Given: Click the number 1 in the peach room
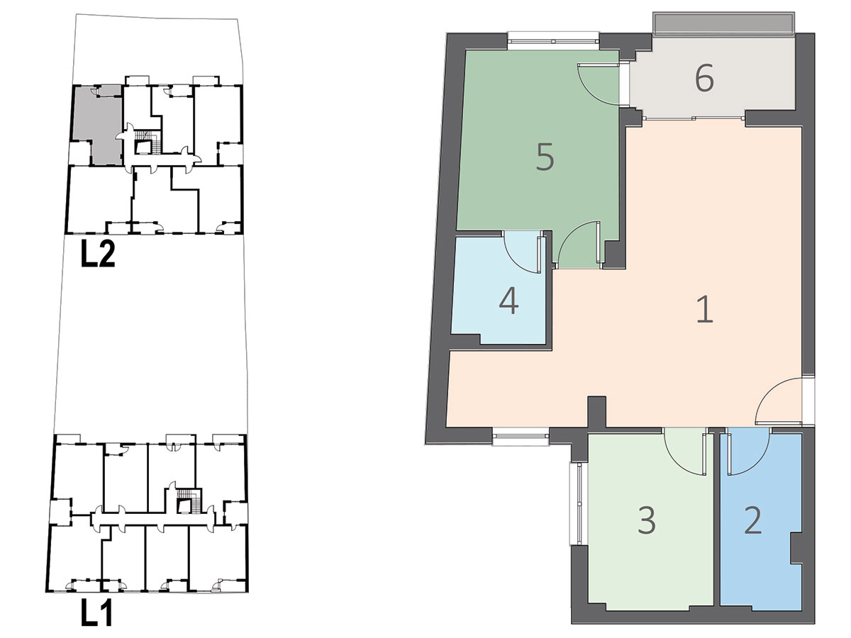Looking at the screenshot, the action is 705,309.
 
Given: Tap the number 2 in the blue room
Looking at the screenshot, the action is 753,521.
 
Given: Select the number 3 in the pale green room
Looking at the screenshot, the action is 647,521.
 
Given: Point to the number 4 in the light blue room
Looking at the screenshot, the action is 509,302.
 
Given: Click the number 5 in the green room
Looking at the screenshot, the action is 545,157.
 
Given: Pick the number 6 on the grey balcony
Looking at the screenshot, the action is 704,78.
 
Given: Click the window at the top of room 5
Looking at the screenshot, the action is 554,40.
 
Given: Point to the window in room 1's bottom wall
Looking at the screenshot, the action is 521,437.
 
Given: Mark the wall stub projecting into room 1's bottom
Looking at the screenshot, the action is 596,411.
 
